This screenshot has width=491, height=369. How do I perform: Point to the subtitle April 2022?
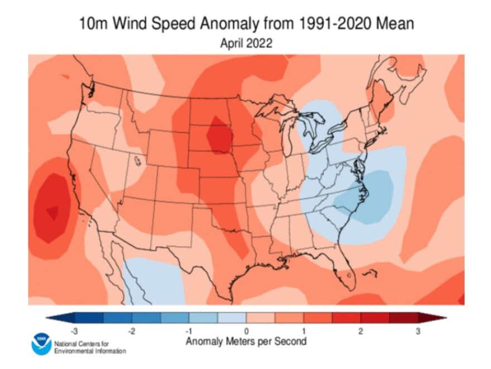pos(245,44)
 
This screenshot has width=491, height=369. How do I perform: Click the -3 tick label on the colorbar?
pos(74,332)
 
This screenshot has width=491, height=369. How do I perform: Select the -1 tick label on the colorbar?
pos(189,332)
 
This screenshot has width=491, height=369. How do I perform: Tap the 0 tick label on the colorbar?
pos(246,332)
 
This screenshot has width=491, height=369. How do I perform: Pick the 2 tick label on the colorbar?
pos(360,332)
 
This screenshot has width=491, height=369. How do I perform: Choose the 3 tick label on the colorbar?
pos(418,332)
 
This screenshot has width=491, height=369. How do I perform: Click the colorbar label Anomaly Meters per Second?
pos(245,341)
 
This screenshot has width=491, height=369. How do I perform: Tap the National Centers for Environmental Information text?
pos(89,347)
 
